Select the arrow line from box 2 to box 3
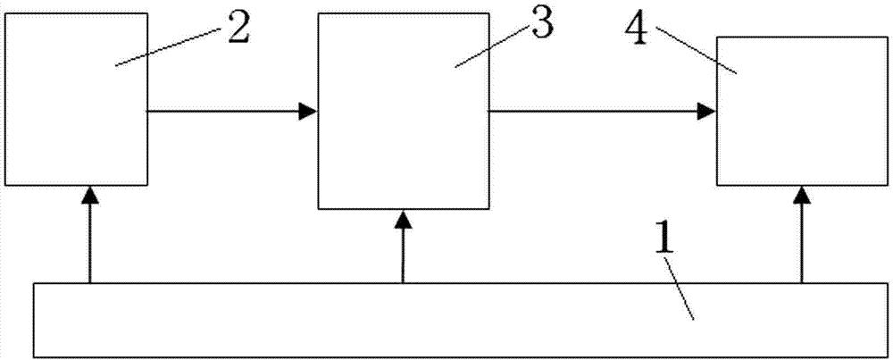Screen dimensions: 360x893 [223, 111]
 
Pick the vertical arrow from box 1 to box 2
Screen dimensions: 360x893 [89, 241]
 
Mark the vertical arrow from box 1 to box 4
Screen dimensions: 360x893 [802, 241]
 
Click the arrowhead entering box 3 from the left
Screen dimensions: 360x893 [308, 111]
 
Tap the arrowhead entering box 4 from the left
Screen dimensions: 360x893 [708, 111]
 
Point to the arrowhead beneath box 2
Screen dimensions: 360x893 [89, 194]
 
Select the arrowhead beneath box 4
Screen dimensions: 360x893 [802, 194]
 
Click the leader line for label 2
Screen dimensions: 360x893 [170, 47]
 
